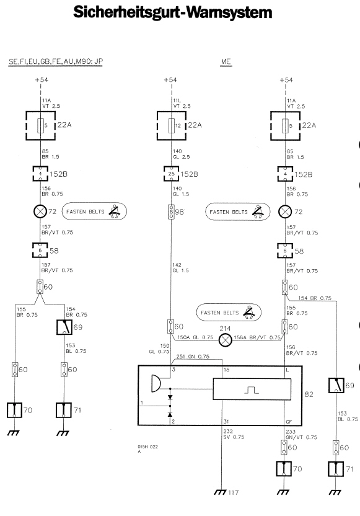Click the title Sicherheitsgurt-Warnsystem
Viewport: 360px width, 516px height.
point(173,12)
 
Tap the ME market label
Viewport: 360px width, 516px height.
point(226,61)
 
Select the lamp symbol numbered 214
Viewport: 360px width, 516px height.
point(225,340)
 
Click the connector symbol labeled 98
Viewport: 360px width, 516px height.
point(171,212)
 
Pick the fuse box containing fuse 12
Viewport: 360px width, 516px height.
point(172,126)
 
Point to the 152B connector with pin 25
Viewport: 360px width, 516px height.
point(171,174)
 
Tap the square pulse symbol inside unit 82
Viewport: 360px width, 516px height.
point(252,390)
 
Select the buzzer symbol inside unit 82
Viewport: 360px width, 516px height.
point(156,383)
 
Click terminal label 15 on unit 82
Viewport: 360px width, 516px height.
point(226,370)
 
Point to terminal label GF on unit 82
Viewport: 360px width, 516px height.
point(289,422)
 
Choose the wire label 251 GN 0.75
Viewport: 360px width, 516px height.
point(193,357)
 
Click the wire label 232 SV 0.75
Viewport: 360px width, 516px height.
point(234,434)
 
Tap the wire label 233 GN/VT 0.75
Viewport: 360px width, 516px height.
point(302,434)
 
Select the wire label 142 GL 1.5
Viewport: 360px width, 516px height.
point(180,267)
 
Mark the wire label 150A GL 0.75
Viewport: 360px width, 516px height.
point(195,337)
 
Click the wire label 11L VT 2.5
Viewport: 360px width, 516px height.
point(182,104)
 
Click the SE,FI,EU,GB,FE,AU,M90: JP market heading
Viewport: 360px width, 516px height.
point(56,61)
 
